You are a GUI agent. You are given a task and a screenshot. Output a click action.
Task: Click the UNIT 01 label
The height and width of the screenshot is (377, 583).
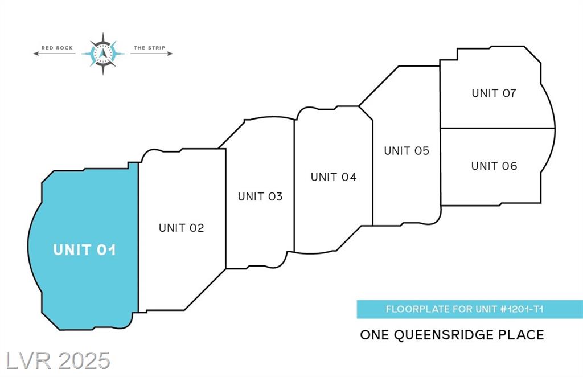pos(84,250)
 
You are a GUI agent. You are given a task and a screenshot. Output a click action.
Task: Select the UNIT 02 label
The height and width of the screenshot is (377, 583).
pos(182,228)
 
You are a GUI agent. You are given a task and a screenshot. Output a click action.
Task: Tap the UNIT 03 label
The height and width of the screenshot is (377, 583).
pos(260,196)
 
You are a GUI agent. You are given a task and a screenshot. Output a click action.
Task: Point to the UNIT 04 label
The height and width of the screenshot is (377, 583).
pos(334,177)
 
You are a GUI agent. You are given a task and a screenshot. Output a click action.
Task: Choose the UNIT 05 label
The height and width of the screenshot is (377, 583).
pos(407,150)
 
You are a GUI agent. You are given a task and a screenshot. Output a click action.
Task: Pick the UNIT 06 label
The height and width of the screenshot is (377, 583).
pos(494,166)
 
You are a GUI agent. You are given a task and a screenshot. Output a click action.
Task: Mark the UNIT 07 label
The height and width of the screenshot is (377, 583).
pos(494,93)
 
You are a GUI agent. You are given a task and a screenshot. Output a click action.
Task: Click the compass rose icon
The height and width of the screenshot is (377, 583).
pos(103,54)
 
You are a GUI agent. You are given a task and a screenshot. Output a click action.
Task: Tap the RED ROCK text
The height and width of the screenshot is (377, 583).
pos(57,48)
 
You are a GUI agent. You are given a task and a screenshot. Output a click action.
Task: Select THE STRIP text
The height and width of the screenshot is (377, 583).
pos(150,48)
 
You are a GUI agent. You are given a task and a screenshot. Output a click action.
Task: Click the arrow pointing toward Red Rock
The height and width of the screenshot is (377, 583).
pos(54,54)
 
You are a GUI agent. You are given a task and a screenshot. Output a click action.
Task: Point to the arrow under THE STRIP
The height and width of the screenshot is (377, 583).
pos(151,54)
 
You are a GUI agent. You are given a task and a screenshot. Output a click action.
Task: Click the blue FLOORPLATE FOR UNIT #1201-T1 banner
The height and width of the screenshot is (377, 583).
pos(470,309)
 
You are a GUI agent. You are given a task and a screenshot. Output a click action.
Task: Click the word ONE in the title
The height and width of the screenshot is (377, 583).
pos(375,335)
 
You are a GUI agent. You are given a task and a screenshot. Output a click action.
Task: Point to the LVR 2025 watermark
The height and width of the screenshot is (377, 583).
pos(58,360)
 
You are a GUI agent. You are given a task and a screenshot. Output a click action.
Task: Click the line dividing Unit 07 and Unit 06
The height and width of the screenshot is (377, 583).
pos(498,128)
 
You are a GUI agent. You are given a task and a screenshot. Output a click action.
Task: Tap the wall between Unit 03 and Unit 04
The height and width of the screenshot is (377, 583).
pos(294,186)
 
